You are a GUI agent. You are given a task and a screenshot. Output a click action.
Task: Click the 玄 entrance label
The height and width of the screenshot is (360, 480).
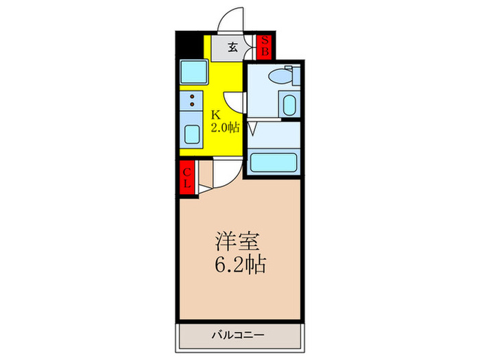click(x=233, y=47)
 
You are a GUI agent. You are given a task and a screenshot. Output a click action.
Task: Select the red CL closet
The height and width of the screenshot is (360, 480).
click(x=187, y=178)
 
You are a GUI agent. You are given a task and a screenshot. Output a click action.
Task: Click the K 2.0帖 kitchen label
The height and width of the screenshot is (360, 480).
click(x=224, y=121)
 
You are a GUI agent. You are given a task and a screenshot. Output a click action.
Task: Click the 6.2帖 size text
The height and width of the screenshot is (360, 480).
click(x=239, y=264)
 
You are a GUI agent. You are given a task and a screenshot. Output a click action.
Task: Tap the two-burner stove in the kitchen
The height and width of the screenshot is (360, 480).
click(x=192, y=101)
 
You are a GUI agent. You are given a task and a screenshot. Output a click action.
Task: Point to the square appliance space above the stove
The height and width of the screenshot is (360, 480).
click(x=193, y=71)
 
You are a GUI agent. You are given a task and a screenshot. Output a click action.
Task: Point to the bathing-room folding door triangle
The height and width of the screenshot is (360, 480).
click(x=252, y=128)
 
